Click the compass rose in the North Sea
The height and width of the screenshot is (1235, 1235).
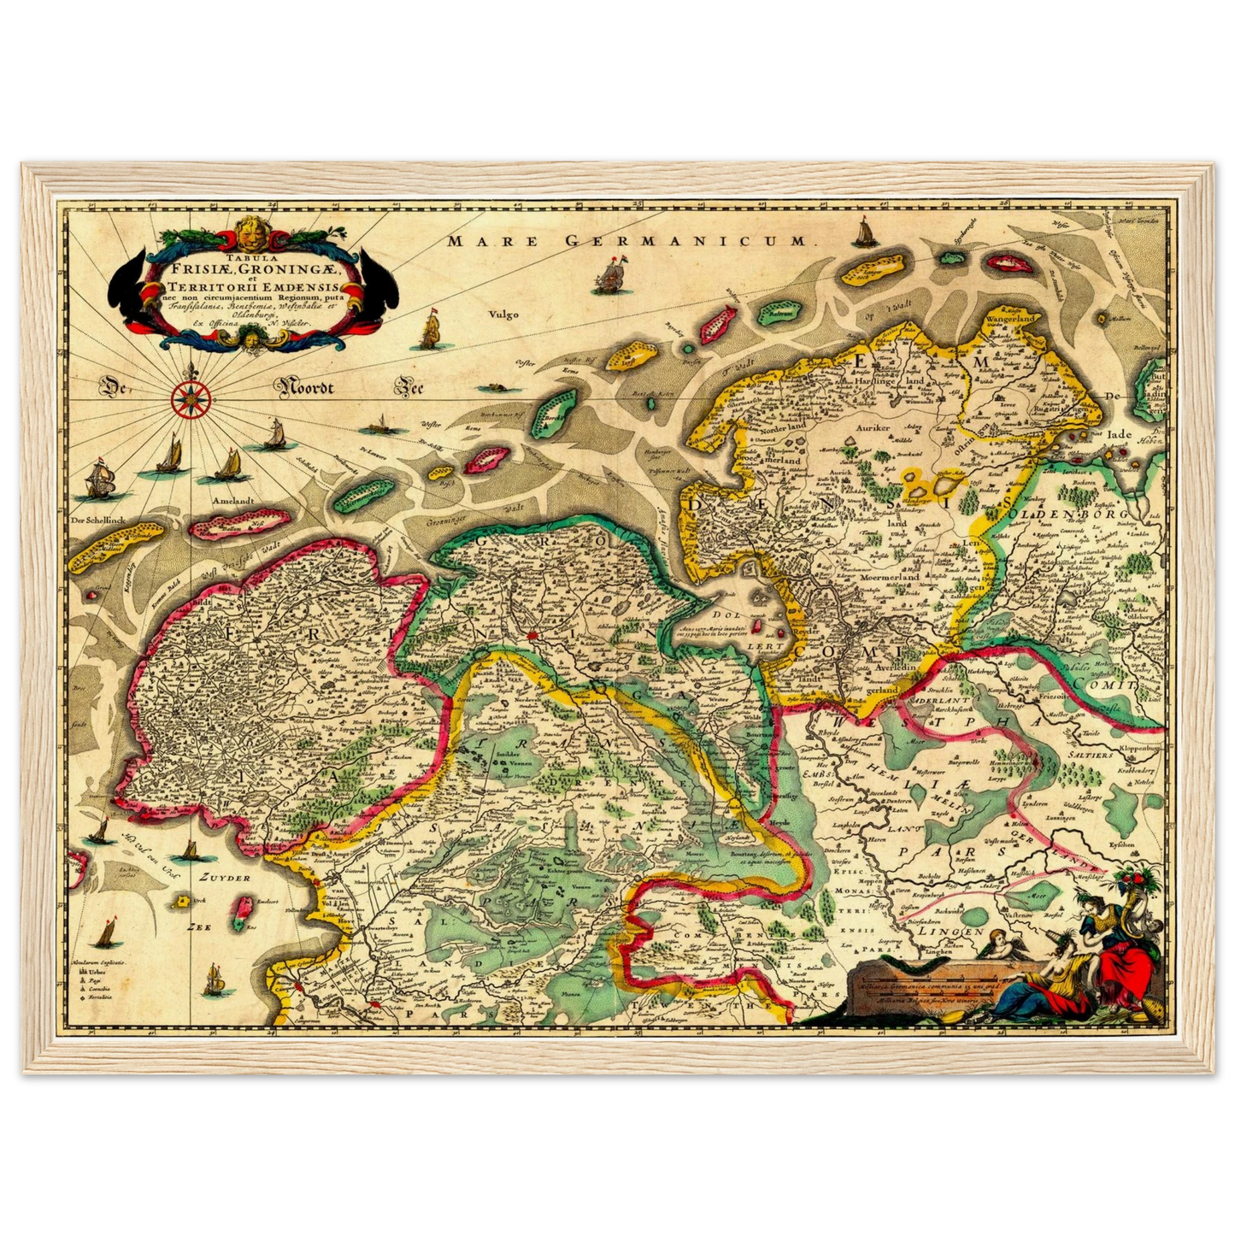click(191, 399)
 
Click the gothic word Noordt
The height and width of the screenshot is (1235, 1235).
click(313, 389)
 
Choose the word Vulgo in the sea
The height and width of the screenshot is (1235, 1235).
click(504, 314)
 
